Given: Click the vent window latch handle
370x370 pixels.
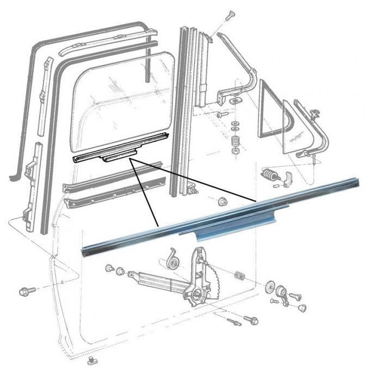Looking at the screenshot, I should [x=289, y=177].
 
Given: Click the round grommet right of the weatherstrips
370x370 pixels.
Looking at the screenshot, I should [x=222, y=202].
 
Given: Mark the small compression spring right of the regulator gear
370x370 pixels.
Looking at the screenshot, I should [x=237, y=276].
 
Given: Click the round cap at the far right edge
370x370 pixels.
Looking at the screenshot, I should [x=300, y=308].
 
